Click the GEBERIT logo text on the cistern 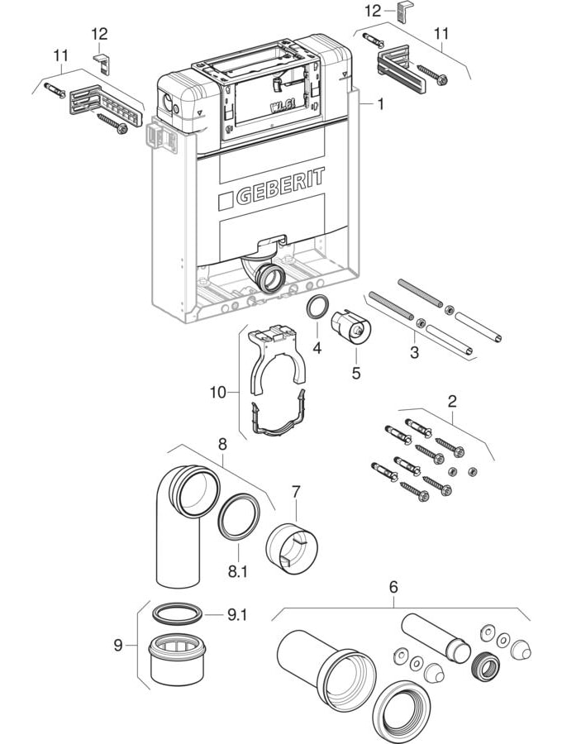pos(280,186)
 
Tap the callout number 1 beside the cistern pos(380,103)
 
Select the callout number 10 pos(218,393)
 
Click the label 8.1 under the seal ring pos(237,571)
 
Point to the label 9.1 pos(237,615)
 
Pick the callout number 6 pos(393,588)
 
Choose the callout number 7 pos(296,492)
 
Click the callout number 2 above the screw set pos(452,402)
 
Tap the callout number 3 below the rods pos(415,352)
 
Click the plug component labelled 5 pos(351,326)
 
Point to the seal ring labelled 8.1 pos(239,515)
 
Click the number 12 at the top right pos(373,11)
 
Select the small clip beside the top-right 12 pos(402,10)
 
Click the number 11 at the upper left pos(60,55)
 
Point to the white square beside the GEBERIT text pos(226,202)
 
